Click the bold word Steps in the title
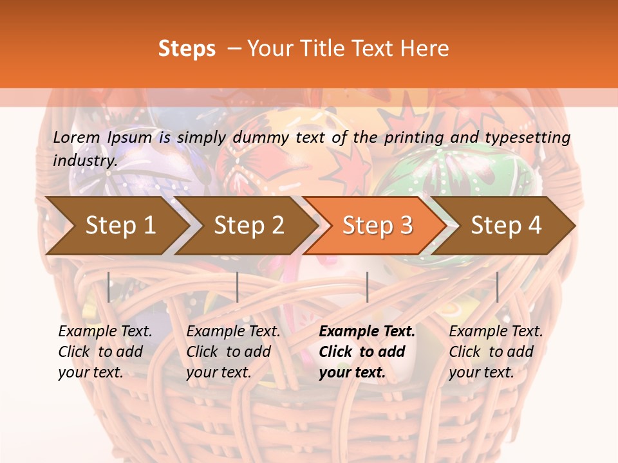point(187,49)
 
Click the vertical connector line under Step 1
point(109,287)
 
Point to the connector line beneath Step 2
point(238,287)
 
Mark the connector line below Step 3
point(367,287)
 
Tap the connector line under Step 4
point(497,287)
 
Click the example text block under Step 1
point(105,352)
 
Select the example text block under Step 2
point(233,352)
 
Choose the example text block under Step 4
point(496,352)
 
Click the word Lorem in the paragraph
point(77,137)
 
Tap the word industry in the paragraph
point(84,160)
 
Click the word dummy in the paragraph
point(261,138)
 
